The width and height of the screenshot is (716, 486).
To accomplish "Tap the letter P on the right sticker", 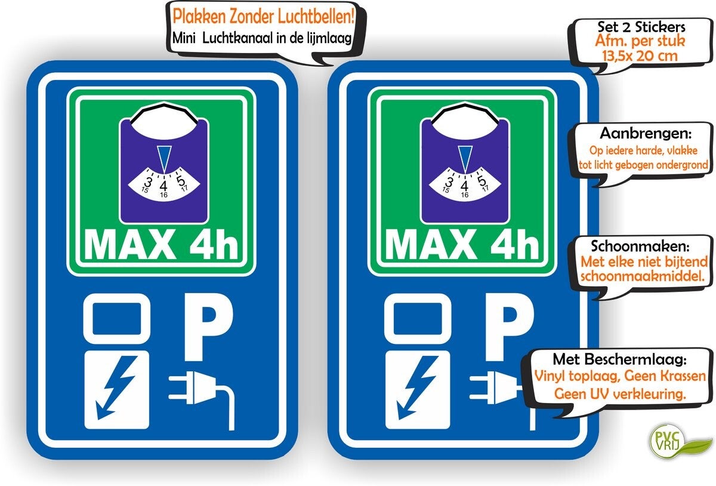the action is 508,325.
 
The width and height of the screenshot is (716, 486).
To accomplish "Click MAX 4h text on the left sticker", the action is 162,244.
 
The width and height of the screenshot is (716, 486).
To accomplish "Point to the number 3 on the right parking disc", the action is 449,180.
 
